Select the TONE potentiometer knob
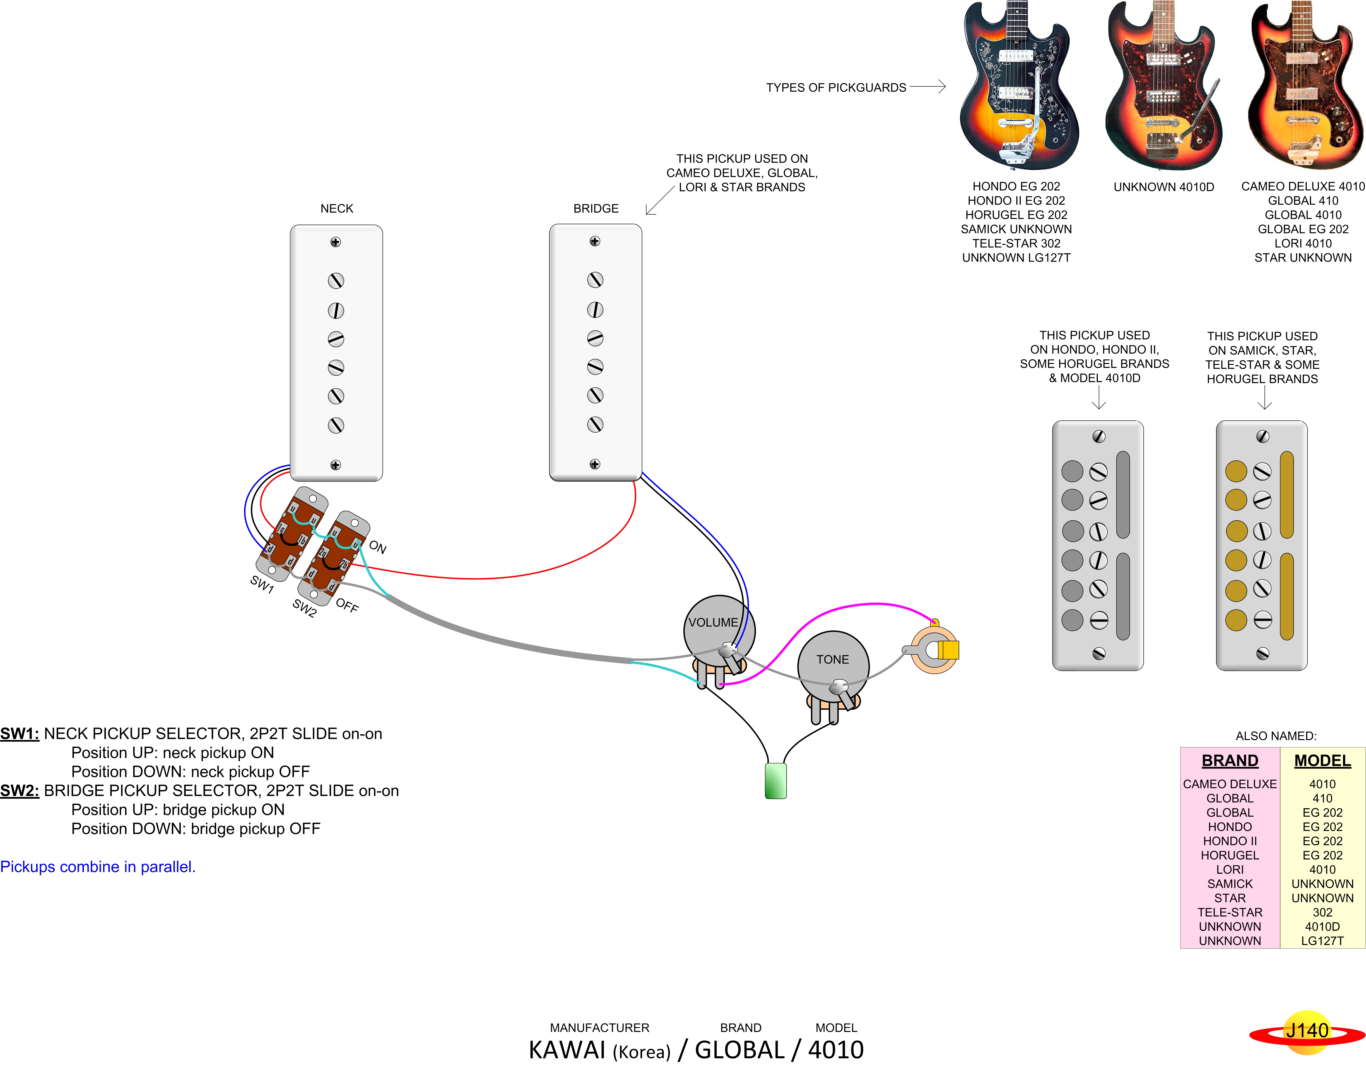point(833,665)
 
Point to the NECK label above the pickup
point(337,208)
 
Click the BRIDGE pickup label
point(595,208)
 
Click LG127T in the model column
point(1322,941)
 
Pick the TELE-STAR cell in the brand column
point(1230,913)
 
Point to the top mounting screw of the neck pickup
point(336,242)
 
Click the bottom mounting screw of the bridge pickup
point(595,464)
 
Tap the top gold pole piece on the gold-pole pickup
point(1236,471)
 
